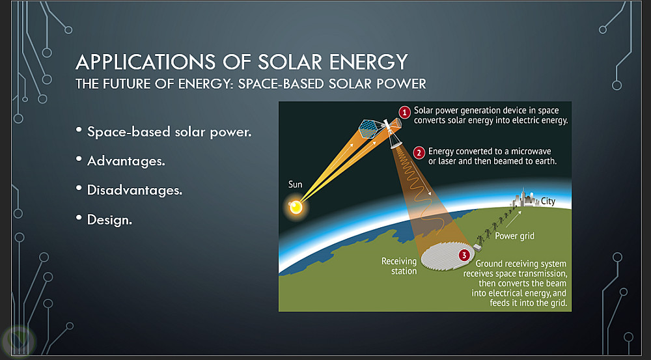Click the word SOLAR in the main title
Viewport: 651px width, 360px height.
coord(290,62)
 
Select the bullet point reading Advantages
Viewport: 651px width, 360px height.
coord(126,161)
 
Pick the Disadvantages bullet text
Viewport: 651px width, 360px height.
coord(135,190)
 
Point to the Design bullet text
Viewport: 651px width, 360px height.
coord(109,219)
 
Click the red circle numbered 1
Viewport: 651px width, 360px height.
coord(404,112)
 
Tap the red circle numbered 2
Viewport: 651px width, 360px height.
coord(419,153)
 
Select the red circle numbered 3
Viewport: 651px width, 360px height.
coord(464,255)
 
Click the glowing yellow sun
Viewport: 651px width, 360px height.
coord(296,206)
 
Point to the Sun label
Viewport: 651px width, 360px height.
coord(295,184)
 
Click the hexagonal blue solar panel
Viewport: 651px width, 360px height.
coord(368,129)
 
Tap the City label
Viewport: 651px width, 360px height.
coord(548,201)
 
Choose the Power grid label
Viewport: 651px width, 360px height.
coord(514,236)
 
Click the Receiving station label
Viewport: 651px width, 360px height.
coord(399,266)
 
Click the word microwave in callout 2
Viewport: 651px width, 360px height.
coord(531,151)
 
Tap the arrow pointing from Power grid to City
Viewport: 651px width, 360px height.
coord(514,219)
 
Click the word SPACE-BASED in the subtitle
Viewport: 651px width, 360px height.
coord(281,84)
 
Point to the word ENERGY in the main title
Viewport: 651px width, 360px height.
coord(368,62)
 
